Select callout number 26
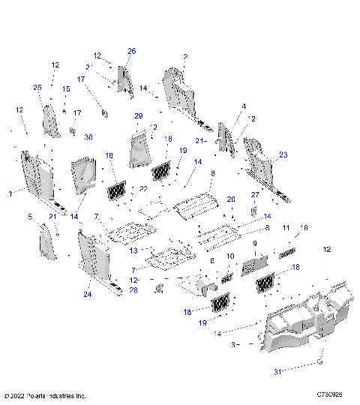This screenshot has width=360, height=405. (x=131, y=51)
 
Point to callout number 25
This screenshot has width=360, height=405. (x=38, y=88)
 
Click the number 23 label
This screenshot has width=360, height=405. (x=283, y=155)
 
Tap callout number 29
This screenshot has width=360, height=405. (x=138, y=116)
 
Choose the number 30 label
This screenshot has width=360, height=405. (x=88, y=137)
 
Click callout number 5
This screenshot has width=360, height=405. (x=31, y=217)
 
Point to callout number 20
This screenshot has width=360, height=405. (x=231, y=199)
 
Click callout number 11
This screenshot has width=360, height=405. (x=286, y=226)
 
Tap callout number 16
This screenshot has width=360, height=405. (x=304, y=226)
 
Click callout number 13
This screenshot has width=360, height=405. (x=134, y=250)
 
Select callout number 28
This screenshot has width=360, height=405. (x=133, y=289)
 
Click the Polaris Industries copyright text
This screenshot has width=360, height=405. (x=45, y=395)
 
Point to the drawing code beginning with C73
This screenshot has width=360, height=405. (x=330, y=395)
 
